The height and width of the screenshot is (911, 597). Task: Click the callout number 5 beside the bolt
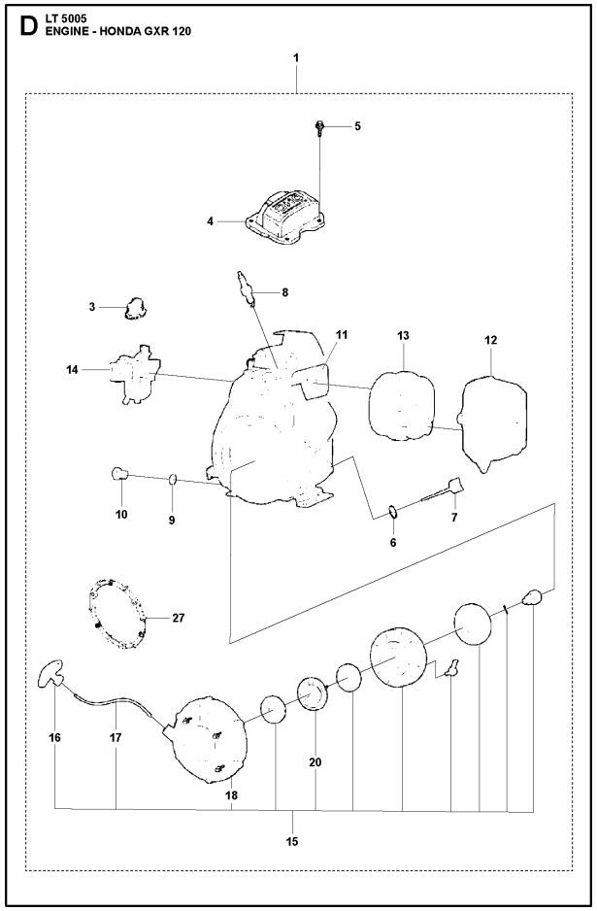click(x=356, y=126)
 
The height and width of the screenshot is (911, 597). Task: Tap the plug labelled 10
click(x=121, y=473)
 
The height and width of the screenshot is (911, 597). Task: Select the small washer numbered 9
click(x=171, y=478)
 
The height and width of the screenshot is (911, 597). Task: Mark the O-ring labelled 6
click(x=391, y=511)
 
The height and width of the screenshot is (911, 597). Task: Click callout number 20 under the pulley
click(x=315, y=762)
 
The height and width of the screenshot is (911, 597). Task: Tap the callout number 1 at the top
click(x=296, y=59)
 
